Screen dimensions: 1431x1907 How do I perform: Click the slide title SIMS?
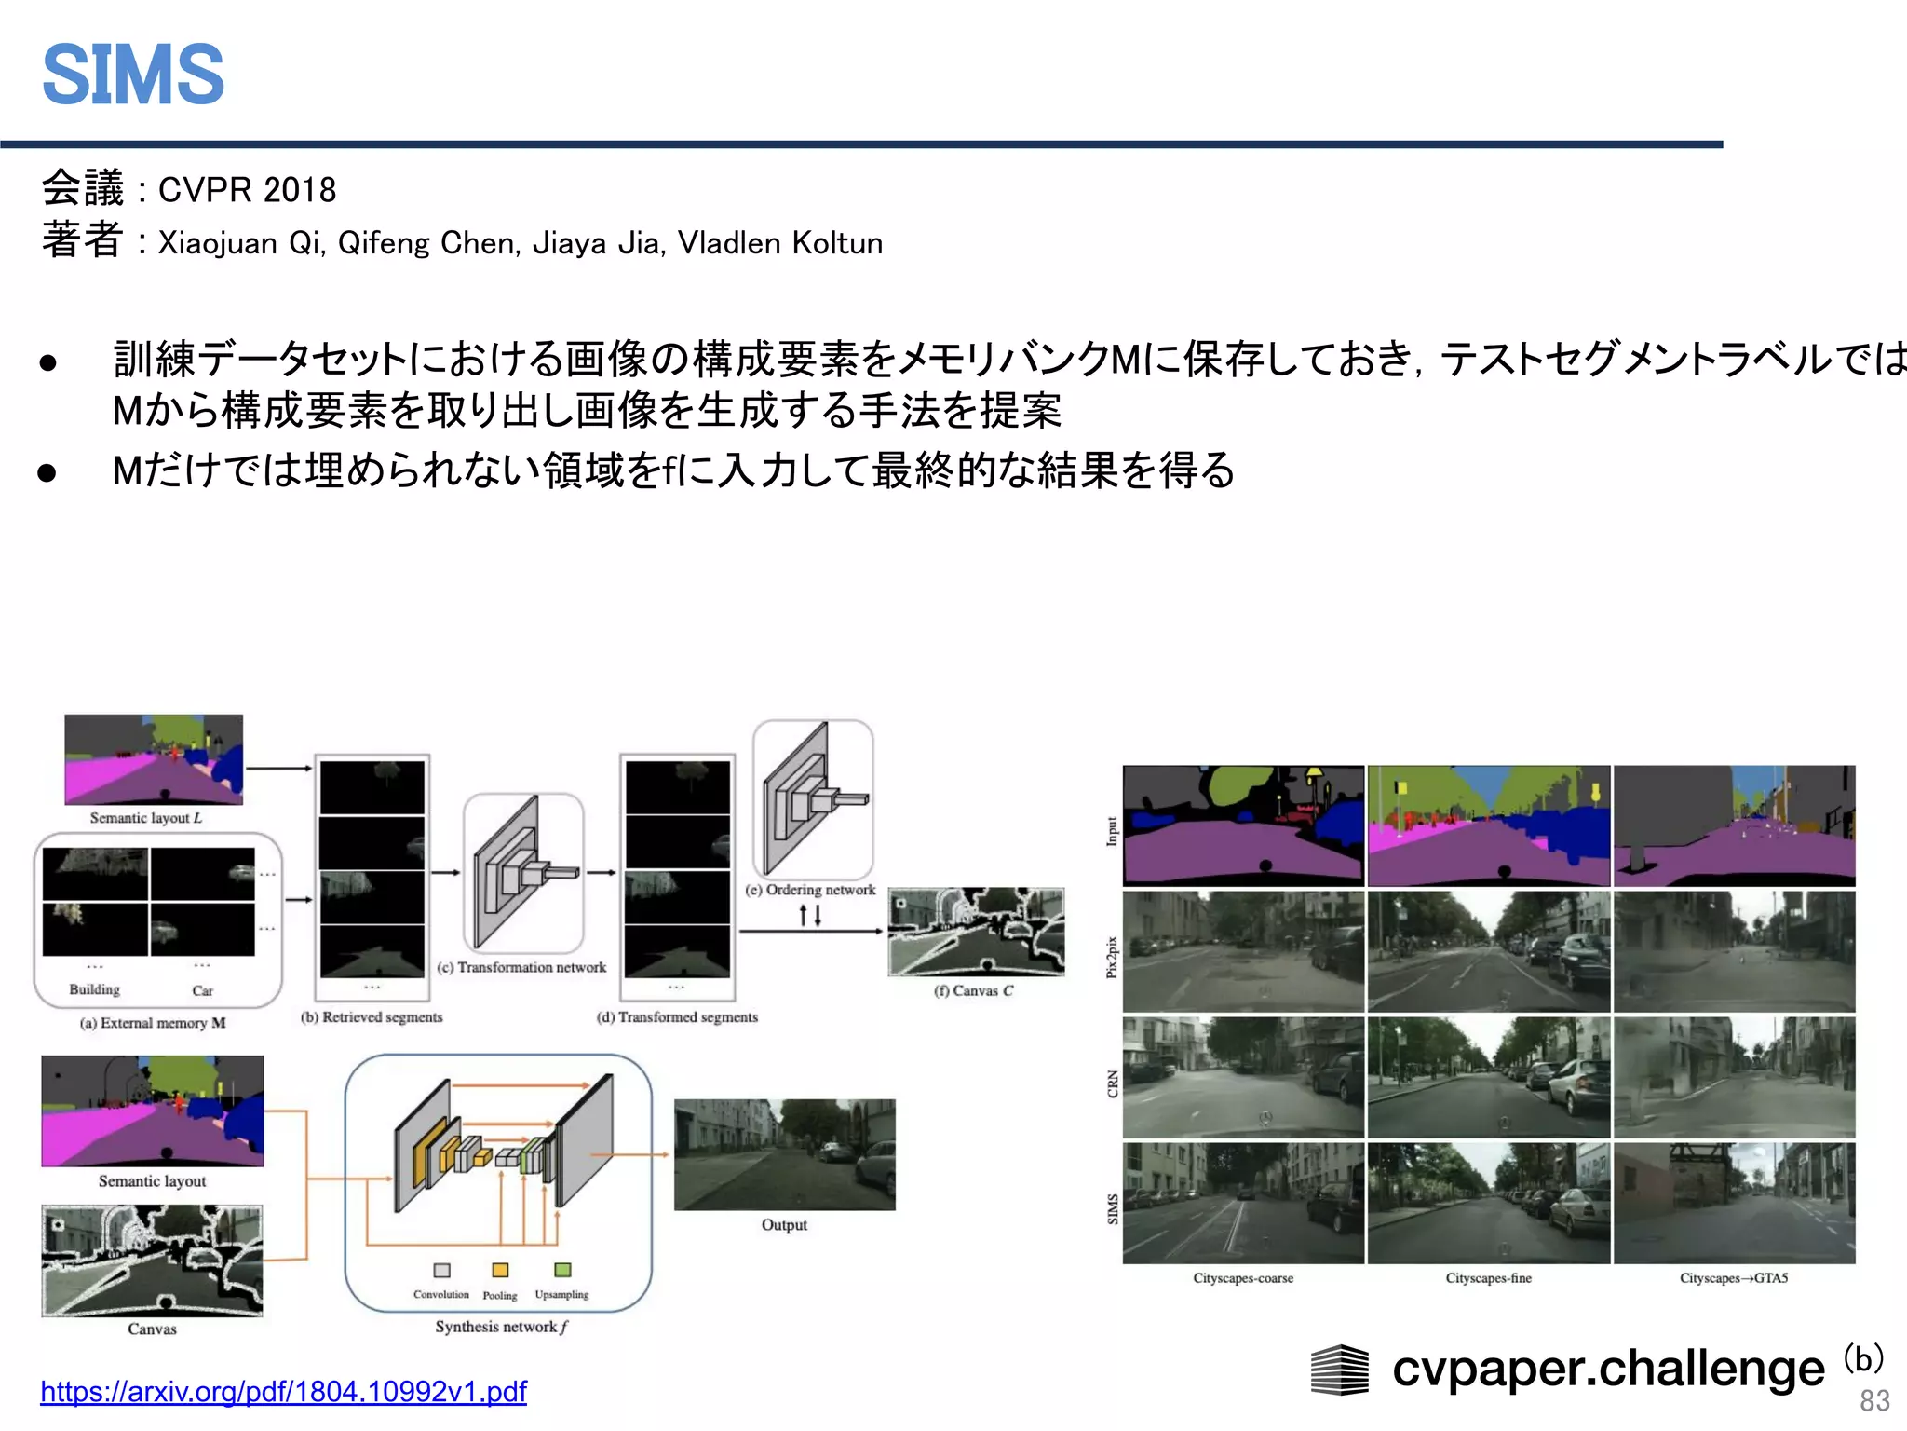(133, 75)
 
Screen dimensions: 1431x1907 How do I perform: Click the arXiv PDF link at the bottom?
(283, 1391)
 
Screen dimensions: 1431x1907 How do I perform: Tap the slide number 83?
(1874, 1400)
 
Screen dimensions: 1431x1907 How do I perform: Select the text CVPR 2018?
(247, 190)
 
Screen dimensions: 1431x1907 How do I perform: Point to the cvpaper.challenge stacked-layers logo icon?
(1339, 1370)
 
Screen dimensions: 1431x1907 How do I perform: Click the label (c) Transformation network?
(521, 967)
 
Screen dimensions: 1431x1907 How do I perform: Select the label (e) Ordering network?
(810, 890)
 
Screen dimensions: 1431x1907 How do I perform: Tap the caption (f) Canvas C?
(973, 990)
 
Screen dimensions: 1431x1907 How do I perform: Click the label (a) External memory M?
(153, 1023)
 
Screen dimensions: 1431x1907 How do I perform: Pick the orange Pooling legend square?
(500, 1270)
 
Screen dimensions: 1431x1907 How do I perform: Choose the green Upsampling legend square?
(562, 1270)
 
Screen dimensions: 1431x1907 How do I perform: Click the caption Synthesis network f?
(501, 1327)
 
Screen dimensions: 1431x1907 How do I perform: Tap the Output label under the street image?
(784, 1225)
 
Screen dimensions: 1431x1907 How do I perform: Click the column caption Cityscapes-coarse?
(1243, 1278)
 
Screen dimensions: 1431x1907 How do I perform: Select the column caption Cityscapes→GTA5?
(1734, 1278)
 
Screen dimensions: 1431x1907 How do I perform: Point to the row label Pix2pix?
(1112, 957)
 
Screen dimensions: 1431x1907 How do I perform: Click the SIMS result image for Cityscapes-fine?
(1488, 1203)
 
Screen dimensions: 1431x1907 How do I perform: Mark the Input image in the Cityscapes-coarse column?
(1243, 825)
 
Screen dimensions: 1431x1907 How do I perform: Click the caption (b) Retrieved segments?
(372, 1017)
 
